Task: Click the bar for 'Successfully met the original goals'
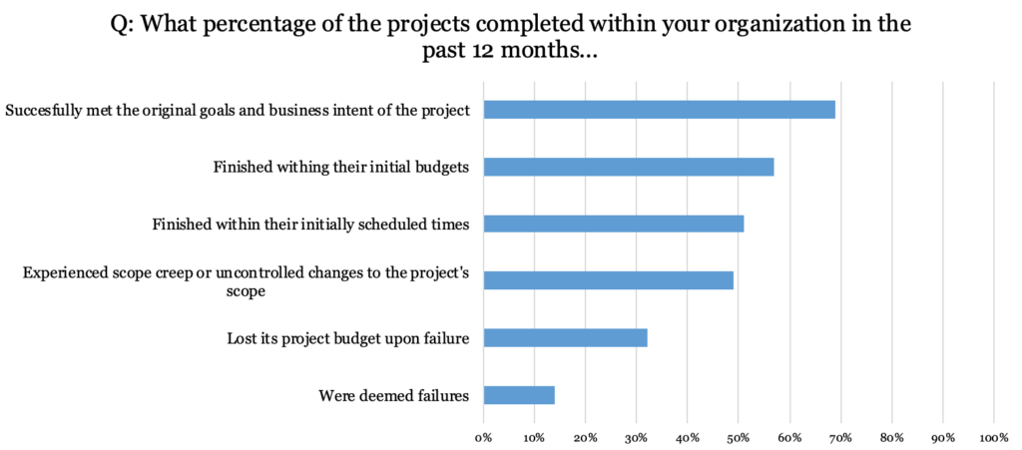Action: [659, 110]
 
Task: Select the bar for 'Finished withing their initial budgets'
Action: [629, 167]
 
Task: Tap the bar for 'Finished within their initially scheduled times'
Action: [614, 224]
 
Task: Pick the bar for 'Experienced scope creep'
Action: [609, 280]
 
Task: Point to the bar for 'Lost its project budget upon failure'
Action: [565, 338]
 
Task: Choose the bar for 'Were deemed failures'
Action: [519, 395]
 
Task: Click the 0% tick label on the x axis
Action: [484, 437]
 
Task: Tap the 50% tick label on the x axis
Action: [739, 437]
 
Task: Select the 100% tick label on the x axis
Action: [993, 437]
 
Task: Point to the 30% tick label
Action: [637, 437]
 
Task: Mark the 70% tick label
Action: [840, 437]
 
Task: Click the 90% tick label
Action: [942, 437]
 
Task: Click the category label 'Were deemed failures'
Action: [393, 396]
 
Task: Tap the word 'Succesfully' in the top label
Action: [43, 110]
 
